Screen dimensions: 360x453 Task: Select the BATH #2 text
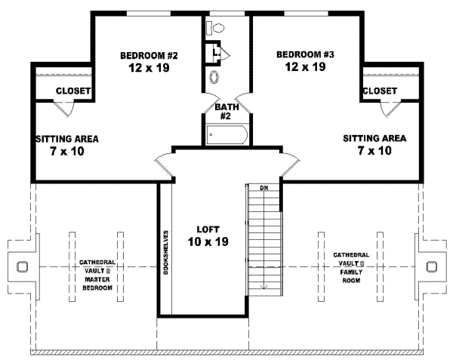pyautogui.click(x=226, y=112)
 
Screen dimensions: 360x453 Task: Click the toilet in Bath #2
pyautogui.click(x=217, y=28)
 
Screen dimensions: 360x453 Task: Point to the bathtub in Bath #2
pyautogui.click(x=226, y=136)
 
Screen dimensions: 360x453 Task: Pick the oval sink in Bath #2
pyautogui.click(x=214, y=77)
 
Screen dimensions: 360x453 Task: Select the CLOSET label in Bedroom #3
pyautogui.click(x=380, y=91)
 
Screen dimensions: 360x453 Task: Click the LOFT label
pyautogui.click(x=208, y=229)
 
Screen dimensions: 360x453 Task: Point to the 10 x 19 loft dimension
pyautogui.click(x=208, y=242)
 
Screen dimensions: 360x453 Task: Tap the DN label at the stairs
pyautogui.click(x=264, y=187)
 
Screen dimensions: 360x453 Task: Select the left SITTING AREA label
pyautogui.click(x=67, y=139)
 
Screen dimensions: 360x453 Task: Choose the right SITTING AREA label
pyautogui.click(x=374, y=138)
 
